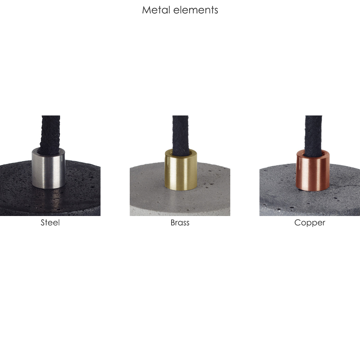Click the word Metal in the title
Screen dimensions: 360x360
156,10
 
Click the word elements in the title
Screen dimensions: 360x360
196,10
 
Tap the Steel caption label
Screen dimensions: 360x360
50,222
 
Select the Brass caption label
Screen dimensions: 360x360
180,222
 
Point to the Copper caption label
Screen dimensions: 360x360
310,223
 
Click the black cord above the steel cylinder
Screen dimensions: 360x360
50,134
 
